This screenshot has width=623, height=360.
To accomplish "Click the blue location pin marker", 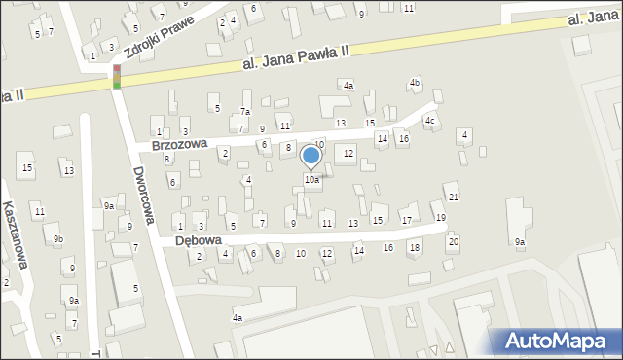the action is pyautogui.click(x=311, y=156).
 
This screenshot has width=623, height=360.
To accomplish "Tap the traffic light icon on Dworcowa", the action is pyautogui.click(x=117, y=77).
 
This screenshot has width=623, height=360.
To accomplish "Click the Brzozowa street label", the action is pyautogui.click(x=180, y=144).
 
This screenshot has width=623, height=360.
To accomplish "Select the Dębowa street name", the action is pyautogui.click(x=199, y=239).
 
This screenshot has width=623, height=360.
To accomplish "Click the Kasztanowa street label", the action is pyautogui.click(x=14, y=234).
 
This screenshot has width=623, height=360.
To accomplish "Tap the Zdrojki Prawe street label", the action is pyautogui.click(x=160, y=28).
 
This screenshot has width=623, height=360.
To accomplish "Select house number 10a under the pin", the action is pyautogui.click(x=311, y=180).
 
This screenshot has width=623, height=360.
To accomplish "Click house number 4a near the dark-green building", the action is pyautogui.click(x=348, y=86).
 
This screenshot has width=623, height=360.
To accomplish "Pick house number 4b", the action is pyautogui.click(x=415, y=83).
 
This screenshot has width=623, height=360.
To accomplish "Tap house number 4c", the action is pyautogui.click(x=429, y=121).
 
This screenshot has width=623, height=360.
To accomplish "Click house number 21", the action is pyautogui.click(x=454, y=198).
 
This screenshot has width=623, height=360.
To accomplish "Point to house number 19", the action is pyautogui.click(x=441, y=217).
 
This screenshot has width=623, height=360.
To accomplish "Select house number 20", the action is pyautogui.click(x=453, y=241).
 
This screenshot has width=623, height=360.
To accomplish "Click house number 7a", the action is pyautogui.click(x=246, y=112).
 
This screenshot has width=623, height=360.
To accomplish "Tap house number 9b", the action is pyautogui.click(x=58, y=239).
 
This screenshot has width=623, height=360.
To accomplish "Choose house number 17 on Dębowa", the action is pyautogui.click(x=407, y=221).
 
